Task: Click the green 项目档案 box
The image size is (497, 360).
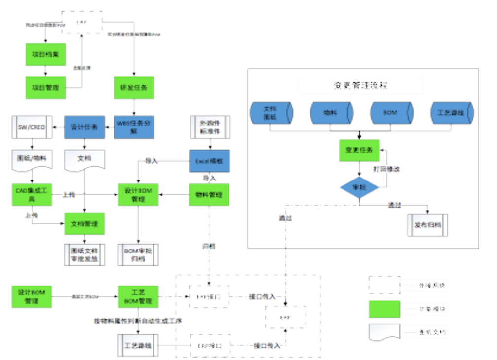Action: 45,54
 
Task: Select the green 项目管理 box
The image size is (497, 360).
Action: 45,88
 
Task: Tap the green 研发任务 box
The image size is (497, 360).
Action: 134,88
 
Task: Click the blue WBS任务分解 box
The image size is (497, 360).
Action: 134,126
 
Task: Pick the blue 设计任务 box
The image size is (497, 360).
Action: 84,126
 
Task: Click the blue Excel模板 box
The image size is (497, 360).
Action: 209,161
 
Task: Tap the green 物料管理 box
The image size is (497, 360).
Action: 209,194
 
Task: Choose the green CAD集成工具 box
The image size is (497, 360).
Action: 32,195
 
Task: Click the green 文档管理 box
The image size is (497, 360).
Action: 84,223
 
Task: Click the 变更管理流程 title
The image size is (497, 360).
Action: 360,85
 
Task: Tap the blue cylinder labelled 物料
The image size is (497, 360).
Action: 329,112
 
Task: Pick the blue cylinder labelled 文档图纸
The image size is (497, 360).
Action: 271,112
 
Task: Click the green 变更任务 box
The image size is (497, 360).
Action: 359,150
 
